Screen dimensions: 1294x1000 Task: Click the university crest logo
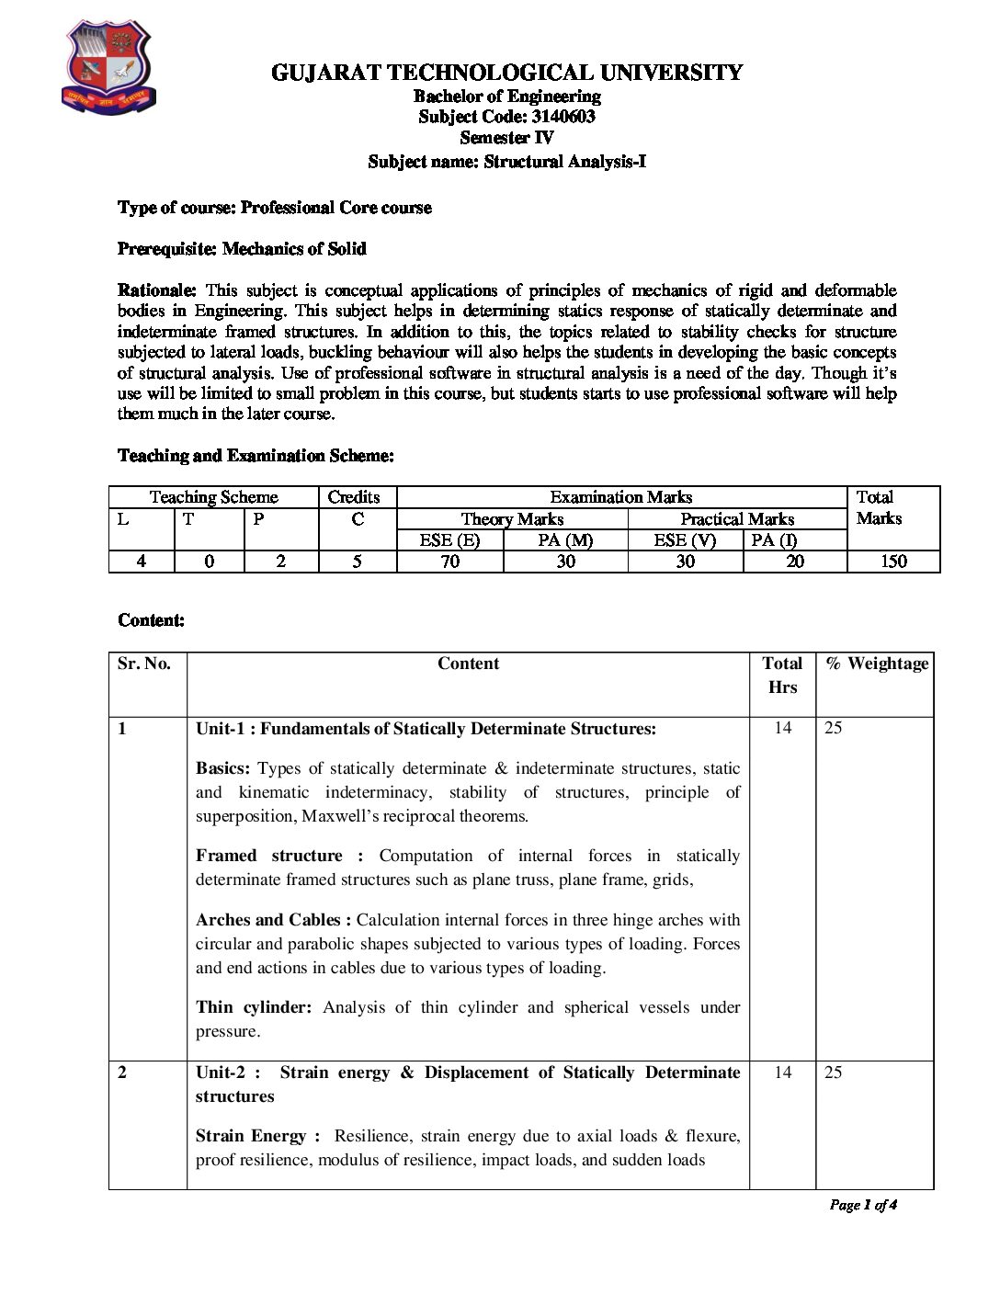(x=108, y=69)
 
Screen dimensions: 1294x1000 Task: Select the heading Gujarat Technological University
(x=506, y=73)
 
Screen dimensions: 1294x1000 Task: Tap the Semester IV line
(x=506, y=138)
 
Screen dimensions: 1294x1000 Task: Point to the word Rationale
(x=156, y=290)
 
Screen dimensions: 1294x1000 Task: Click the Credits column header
(x=354, y=497)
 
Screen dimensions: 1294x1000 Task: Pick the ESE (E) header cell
(x=449, y=540)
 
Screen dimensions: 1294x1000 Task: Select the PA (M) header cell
(x=565, y=540)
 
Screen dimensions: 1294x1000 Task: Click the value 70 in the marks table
(x=449, y=562)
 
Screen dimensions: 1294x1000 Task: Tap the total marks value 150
(x=892, y=562)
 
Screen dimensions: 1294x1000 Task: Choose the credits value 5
(x=358, y=562)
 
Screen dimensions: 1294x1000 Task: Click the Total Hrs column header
(x=782, y=675)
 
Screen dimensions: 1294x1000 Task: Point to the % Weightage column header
(x=877, y=664)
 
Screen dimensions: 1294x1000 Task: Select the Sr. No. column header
(x=144, y=664)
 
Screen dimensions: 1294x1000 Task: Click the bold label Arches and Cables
(x=273, y=920)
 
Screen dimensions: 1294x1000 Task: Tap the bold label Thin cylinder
(x=254, y=1007)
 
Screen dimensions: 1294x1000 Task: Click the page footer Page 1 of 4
(x=862, y=1205)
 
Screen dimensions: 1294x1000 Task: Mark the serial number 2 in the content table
(x=122, y=1073)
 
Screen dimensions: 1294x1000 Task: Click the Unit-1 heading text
(x=426, y=729)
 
